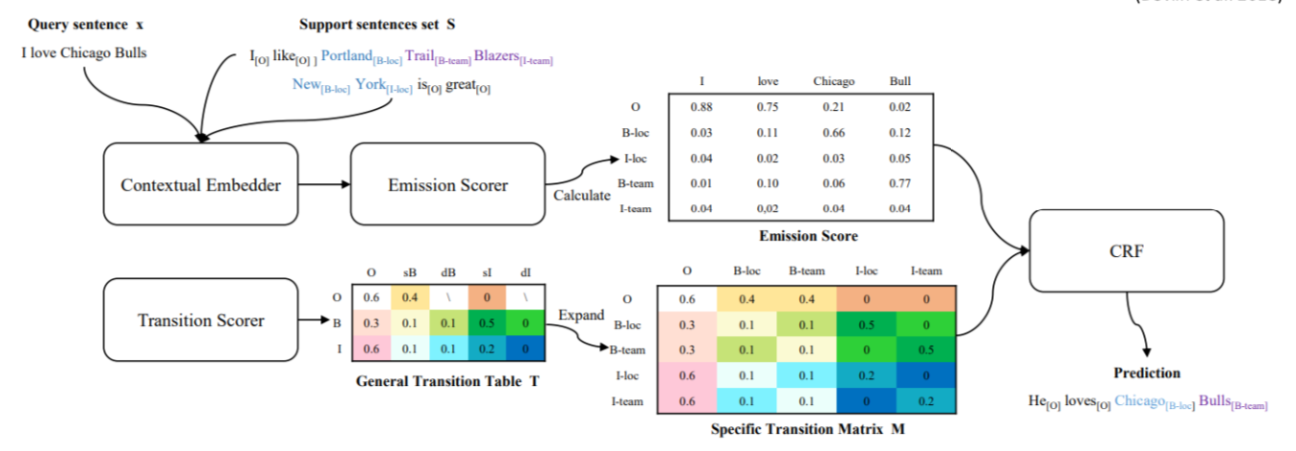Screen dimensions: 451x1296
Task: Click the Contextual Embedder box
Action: click(201, 184)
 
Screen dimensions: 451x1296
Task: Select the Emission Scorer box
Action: click(447, 184)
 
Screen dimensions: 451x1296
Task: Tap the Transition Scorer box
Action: click(201, 319)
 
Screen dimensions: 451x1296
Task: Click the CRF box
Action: click(1126, 250)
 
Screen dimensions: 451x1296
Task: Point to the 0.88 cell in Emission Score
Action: click(702, 106)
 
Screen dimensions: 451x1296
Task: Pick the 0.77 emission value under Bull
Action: click(898, 183)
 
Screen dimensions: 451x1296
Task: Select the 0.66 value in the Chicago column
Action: click(832, 132)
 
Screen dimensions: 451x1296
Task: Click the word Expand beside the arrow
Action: click(580, 315)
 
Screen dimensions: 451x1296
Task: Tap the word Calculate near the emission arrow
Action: click(581, 196)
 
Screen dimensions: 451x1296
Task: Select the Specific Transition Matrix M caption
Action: click(808, 429)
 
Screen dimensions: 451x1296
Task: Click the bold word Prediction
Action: click(1146, 373)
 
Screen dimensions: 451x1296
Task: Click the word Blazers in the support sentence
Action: click(497, 56)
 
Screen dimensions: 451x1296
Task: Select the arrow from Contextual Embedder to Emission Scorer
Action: click(325, 184)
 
